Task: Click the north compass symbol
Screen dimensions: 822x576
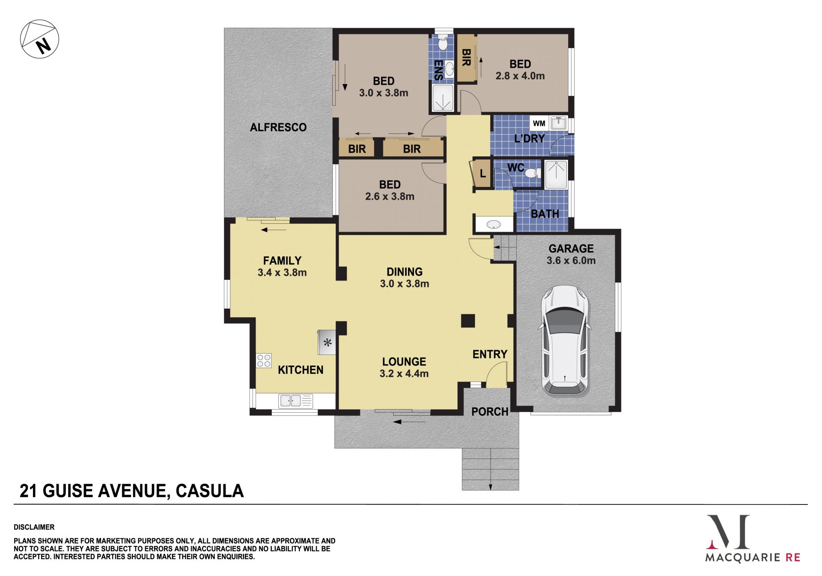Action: [39, 39]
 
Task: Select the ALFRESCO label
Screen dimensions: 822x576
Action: [278, 127]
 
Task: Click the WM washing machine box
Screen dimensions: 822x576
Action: [539, 123]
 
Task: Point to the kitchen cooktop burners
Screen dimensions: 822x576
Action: [264, 360]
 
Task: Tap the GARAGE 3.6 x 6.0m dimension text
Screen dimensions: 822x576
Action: [571, 261]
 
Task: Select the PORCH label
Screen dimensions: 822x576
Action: [490, 412]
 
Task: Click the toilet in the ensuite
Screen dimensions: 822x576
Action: [443, 43]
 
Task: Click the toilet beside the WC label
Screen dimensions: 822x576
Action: [533, 173]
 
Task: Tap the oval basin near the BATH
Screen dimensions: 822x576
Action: [494, 224]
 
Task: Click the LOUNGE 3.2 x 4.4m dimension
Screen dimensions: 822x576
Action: [404, 374]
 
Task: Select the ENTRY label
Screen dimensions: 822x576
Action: [490, 354]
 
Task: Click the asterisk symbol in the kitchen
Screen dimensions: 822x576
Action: [328, 342]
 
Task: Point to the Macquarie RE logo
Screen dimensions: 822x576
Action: [753, 538]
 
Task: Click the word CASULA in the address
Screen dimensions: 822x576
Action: [210, 491]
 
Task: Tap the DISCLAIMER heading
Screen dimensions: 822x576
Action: [34, 527]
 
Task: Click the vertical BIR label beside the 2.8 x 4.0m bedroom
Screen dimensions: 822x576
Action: [467, 57]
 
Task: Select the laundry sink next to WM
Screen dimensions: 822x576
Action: [558, 123]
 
